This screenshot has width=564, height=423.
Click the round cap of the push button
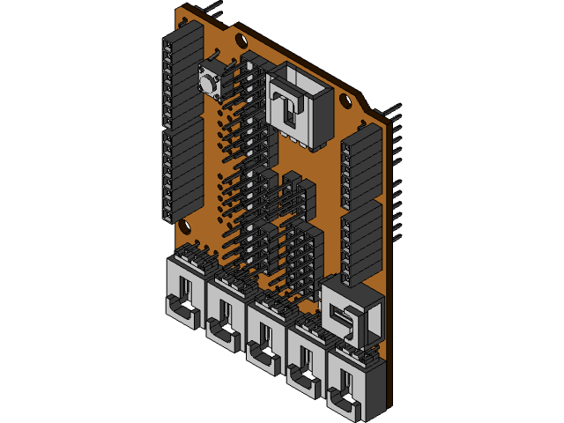point(210,82)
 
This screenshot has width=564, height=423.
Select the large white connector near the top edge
point(300,106)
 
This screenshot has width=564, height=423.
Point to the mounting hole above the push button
point(240,40)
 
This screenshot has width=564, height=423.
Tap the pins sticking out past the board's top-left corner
point(211,8)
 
